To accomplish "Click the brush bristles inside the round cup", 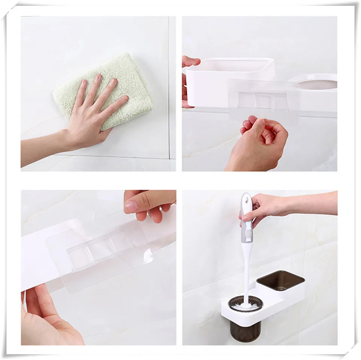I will (x=246, y=304).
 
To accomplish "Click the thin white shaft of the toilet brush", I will (x=247, y=271).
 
